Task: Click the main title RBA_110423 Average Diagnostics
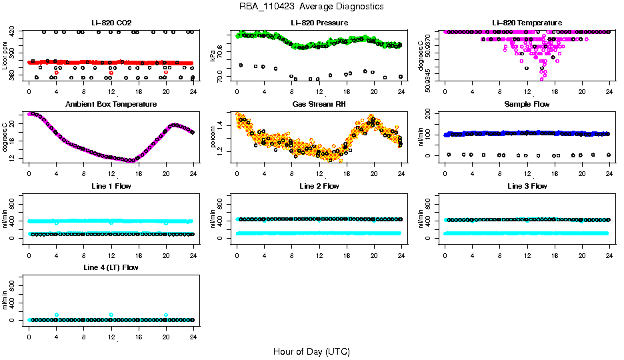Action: click(311, 6)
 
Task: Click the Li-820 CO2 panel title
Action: click(111, 23)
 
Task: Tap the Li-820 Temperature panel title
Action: click(527, 23)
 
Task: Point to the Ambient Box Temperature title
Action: click(111, 104)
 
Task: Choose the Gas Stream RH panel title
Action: click(319, 104)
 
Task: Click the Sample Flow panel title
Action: click(527, 104)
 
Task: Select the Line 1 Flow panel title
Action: click(111, 186)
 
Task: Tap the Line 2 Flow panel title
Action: click(319, 186)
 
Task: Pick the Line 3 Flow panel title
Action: click(527, 186)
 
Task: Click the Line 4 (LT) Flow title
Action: click(111, 267)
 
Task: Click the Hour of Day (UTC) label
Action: click(311, 351)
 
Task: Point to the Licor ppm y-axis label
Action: click(5, 55)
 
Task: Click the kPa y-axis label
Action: click(213, 56)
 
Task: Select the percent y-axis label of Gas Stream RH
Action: click(213, 137)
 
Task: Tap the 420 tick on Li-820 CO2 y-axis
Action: click(13, 32)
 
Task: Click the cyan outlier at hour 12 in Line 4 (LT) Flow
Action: click(111, 315)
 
